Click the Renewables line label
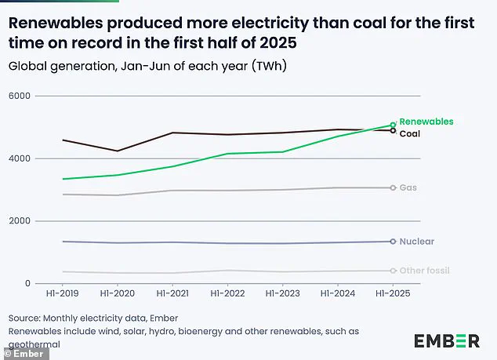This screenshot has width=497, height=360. tap(426, 122)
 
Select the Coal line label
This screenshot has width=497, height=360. tap(411, 134)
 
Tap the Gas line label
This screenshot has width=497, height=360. tap(408, 188)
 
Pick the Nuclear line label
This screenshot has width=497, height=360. tap(416, 242)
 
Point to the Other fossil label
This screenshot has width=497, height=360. tap(424, 271)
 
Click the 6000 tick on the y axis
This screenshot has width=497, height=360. tap(20, 96)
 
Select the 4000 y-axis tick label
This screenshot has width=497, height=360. tap(20, 158)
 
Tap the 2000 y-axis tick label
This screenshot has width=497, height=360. tap(20, 221)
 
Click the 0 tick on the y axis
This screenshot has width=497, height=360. tap(27, 284)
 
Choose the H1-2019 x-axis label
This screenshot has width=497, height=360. tap(62, 294)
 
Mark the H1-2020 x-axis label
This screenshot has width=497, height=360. tap(118, 294)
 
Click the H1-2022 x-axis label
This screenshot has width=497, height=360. tap(227, 294)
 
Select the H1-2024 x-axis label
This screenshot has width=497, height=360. tap(338, 294)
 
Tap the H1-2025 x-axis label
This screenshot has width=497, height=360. tap(393, 294)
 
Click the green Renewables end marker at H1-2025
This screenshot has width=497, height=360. tap(393, 125)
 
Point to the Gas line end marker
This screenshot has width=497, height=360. tap(393, 188)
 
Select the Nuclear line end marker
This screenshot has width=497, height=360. tap(393, 242)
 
